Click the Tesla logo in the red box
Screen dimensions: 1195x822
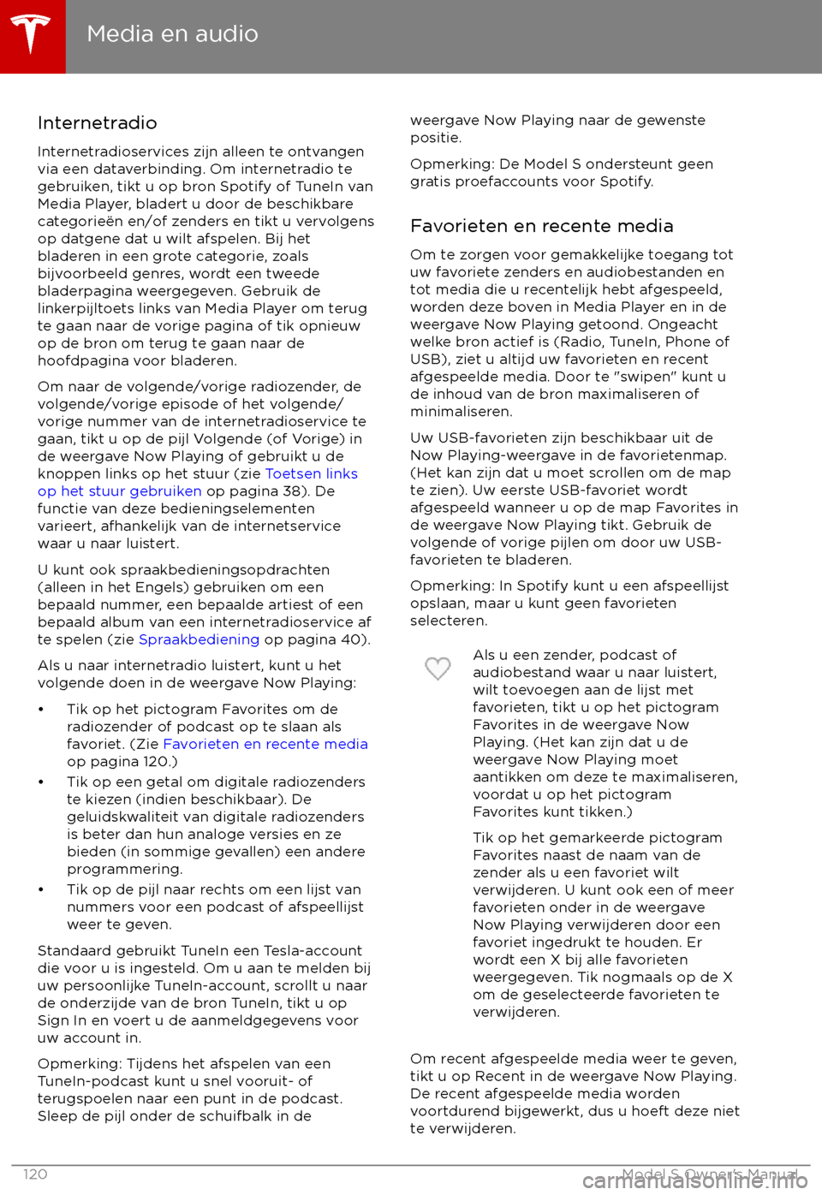tap(32, 35)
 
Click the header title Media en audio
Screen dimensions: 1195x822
tap(172, 34)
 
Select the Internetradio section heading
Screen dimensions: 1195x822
tap(98, 123)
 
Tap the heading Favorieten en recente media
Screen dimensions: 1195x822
tap(541, 226)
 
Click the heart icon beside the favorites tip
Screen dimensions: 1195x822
tap(438, 668)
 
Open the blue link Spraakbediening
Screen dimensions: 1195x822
tap(199, 639)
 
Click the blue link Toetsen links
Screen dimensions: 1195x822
tap(311, 473)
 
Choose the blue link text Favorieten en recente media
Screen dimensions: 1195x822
tap(265, 744)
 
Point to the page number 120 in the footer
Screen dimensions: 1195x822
tap(35, 1174)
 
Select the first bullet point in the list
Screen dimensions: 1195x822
tap(41, 710)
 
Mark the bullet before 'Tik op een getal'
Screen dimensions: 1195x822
tap(41, 782)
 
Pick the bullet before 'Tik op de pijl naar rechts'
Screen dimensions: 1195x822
tap(41, 890)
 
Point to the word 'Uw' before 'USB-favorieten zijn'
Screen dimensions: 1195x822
tap(420, 437)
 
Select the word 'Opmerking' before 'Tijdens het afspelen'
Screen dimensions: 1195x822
tap(78, 1063)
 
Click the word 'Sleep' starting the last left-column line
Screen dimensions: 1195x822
tap(56, 1115)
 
